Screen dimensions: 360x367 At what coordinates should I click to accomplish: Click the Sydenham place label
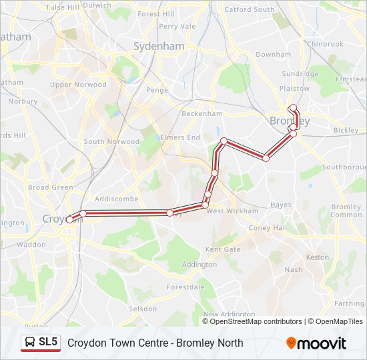pyautogui.click(x=159, y=47)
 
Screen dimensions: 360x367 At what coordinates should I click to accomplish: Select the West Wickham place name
pyautogui.click(x=232, y=211)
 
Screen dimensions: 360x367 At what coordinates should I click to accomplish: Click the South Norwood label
pyautogui.click(x=111, y=141)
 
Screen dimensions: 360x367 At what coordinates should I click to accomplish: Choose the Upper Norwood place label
pyautogui.click(x=78, y=85)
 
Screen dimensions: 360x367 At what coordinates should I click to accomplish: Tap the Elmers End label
pyautogui.click(x=180, y=137)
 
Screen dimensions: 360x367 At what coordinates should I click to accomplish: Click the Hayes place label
pyautogui.click(x=281, y=205)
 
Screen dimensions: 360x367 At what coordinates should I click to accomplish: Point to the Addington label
pyautogui.click(x=200, y=265)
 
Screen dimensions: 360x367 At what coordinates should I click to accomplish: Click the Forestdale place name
pyautogui.click(x=185, y=287)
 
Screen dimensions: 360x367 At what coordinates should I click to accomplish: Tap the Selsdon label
pyautogui.click(x=143, y=309)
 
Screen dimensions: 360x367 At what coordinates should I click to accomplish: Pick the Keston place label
pyautogui.click(x=317, y=257)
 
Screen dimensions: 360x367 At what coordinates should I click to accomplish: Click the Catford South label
pyautogui.click(x=249, y=9)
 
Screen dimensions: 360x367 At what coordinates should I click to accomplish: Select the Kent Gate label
pyautogui.click(x=223, y=249)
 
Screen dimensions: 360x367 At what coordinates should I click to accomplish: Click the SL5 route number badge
pyautogui.click(x=48, y=343)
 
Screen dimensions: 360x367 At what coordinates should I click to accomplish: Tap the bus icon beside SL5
pyautogui.click(x=31, y=343)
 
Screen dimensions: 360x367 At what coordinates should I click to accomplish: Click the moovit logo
pyautogui.click(x=316, y=343)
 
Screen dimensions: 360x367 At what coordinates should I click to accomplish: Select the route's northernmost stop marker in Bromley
pyautogui.click(x=292, y=107)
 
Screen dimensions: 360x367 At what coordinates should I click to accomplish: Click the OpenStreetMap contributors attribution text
pyautogui.click(x=256, y=321)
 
